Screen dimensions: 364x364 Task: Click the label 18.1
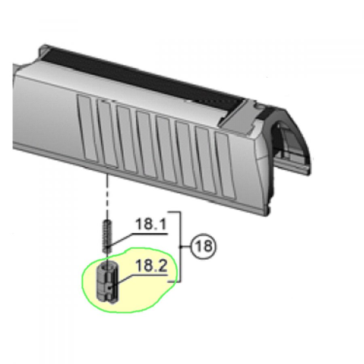[151, 224]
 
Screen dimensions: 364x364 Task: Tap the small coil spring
[107, 236]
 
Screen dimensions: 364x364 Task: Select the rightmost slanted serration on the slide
[226, 166]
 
